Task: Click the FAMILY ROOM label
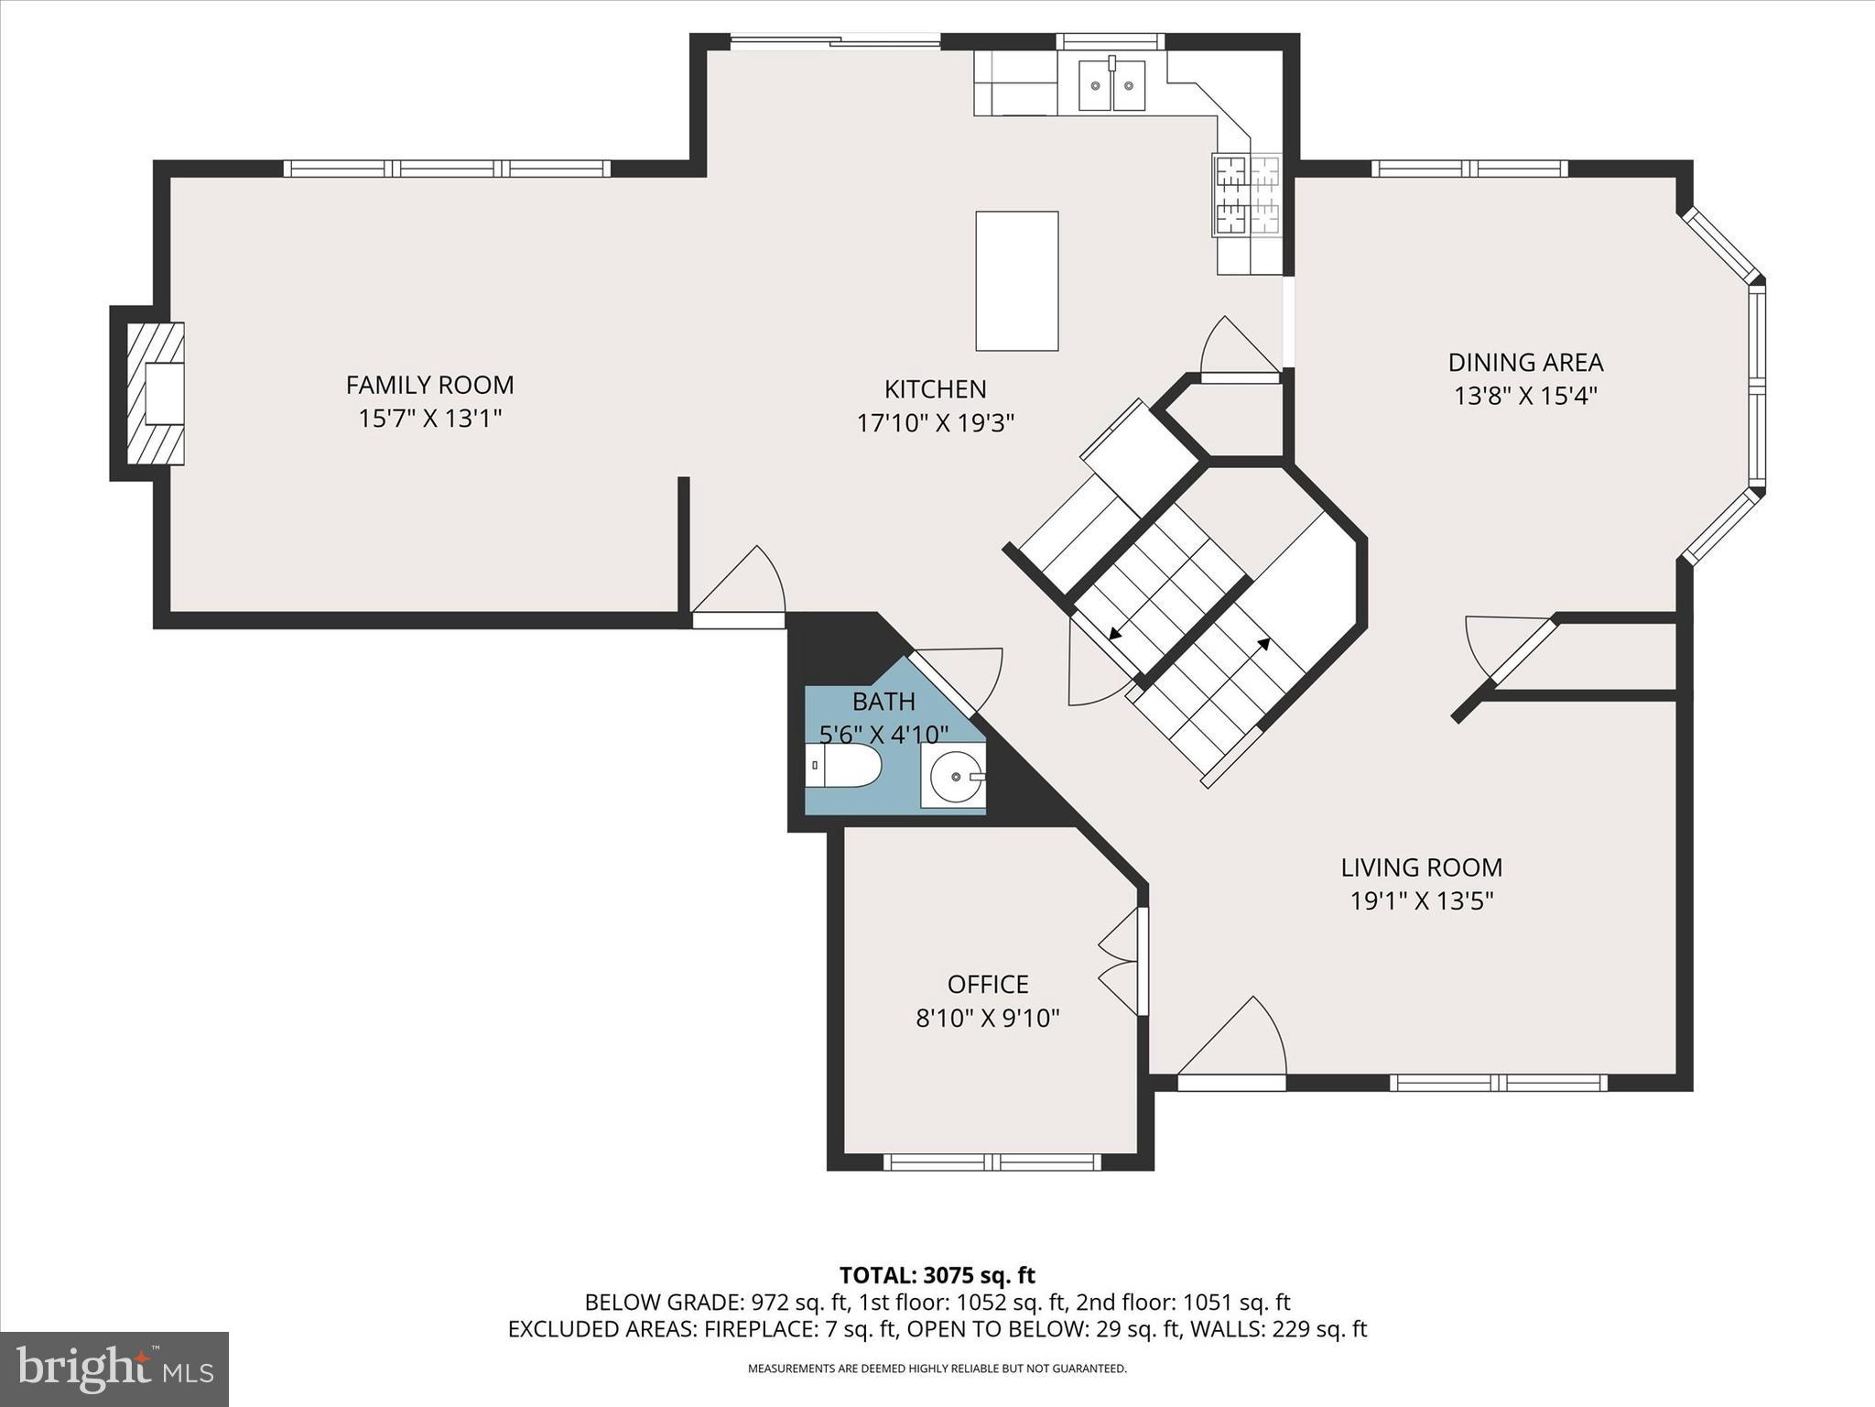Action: coord(429,385)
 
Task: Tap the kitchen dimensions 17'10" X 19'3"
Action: coord(935,423)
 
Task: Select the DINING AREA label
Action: coord(1525,362)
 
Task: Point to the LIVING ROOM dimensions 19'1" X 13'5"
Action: coord(1421,900)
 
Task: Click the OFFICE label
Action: coord(987,984)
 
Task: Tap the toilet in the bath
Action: coord(844,766)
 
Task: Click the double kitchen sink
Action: coord(1111,85)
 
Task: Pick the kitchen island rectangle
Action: coord(1016,280)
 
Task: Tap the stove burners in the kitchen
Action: coord(1246,196)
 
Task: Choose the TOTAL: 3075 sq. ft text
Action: coord(937,1275)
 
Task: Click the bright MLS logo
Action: coord(114,1369)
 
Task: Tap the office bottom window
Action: coord(992,1162)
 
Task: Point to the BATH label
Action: coord(883,702)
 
